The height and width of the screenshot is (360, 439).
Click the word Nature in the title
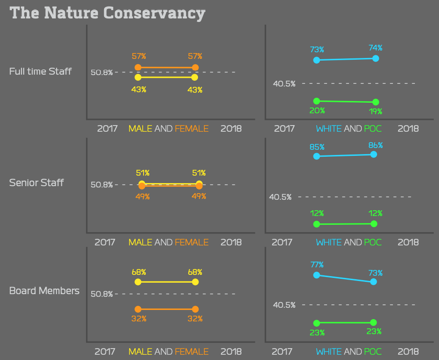tap(71, 13)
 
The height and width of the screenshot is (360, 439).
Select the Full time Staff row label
tap(40, 72)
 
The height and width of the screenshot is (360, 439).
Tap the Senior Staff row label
tap(36, 183)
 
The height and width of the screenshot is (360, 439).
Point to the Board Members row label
tap(44, 291)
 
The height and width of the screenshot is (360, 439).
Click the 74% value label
tap(375, 48)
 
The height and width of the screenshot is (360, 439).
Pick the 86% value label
tap(375, 145)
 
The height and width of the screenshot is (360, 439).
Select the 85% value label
tap(317, 147)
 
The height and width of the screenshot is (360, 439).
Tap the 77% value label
tap(317, 265)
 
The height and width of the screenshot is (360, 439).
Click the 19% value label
tap(375, 112)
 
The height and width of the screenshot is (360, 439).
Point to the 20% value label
tap(317, 111)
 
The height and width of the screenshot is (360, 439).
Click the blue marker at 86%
tap(374, 155)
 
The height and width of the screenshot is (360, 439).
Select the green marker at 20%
tap(317, 101)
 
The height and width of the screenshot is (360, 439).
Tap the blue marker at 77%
tap(317, 275)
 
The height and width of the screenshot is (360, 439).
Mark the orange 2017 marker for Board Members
tap(138, 310)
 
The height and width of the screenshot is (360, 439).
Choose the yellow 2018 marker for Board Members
tap(195, 282)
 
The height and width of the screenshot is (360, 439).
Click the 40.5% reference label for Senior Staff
tap(280, 197)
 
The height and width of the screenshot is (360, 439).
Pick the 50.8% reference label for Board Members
tap(102, 294)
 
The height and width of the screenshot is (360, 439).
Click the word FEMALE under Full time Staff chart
tap(192, 129)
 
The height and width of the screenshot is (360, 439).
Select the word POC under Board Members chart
tap(373, 352)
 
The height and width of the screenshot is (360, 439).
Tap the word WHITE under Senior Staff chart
tap(329, 242)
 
